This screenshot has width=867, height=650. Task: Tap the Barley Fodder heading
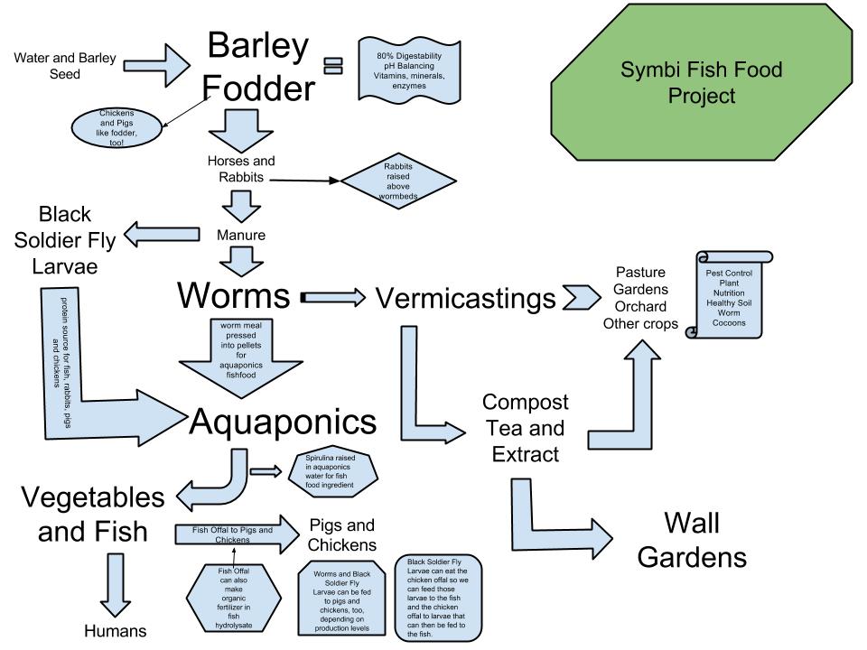258,66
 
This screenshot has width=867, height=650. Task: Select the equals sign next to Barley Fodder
334,65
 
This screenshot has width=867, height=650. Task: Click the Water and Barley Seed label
65,66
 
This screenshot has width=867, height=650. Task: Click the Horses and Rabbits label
240,168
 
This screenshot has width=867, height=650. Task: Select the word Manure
240,235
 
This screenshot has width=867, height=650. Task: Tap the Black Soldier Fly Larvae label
65,241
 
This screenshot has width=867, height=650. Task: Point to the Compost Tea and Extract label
525,427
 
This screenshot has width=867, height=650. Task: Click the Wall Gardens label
692,539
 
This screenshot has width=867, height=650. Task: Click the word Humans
115,629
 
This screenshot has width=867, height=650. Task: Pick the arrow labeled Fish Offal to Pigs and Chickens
237,534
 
